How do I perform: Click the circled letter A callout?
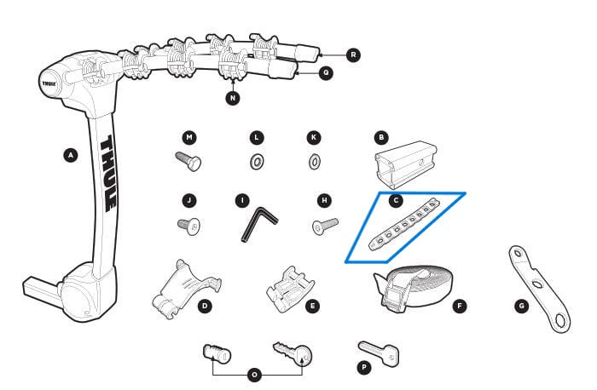(x=71, y=155)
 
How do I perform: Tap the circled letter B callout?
(x=382, y=136)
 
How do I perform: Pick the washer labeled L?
(x=256, y=160)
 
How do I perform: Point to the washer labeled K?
(x=314, y=160)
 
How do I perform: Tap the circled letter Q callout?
(x=326, y=73)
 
